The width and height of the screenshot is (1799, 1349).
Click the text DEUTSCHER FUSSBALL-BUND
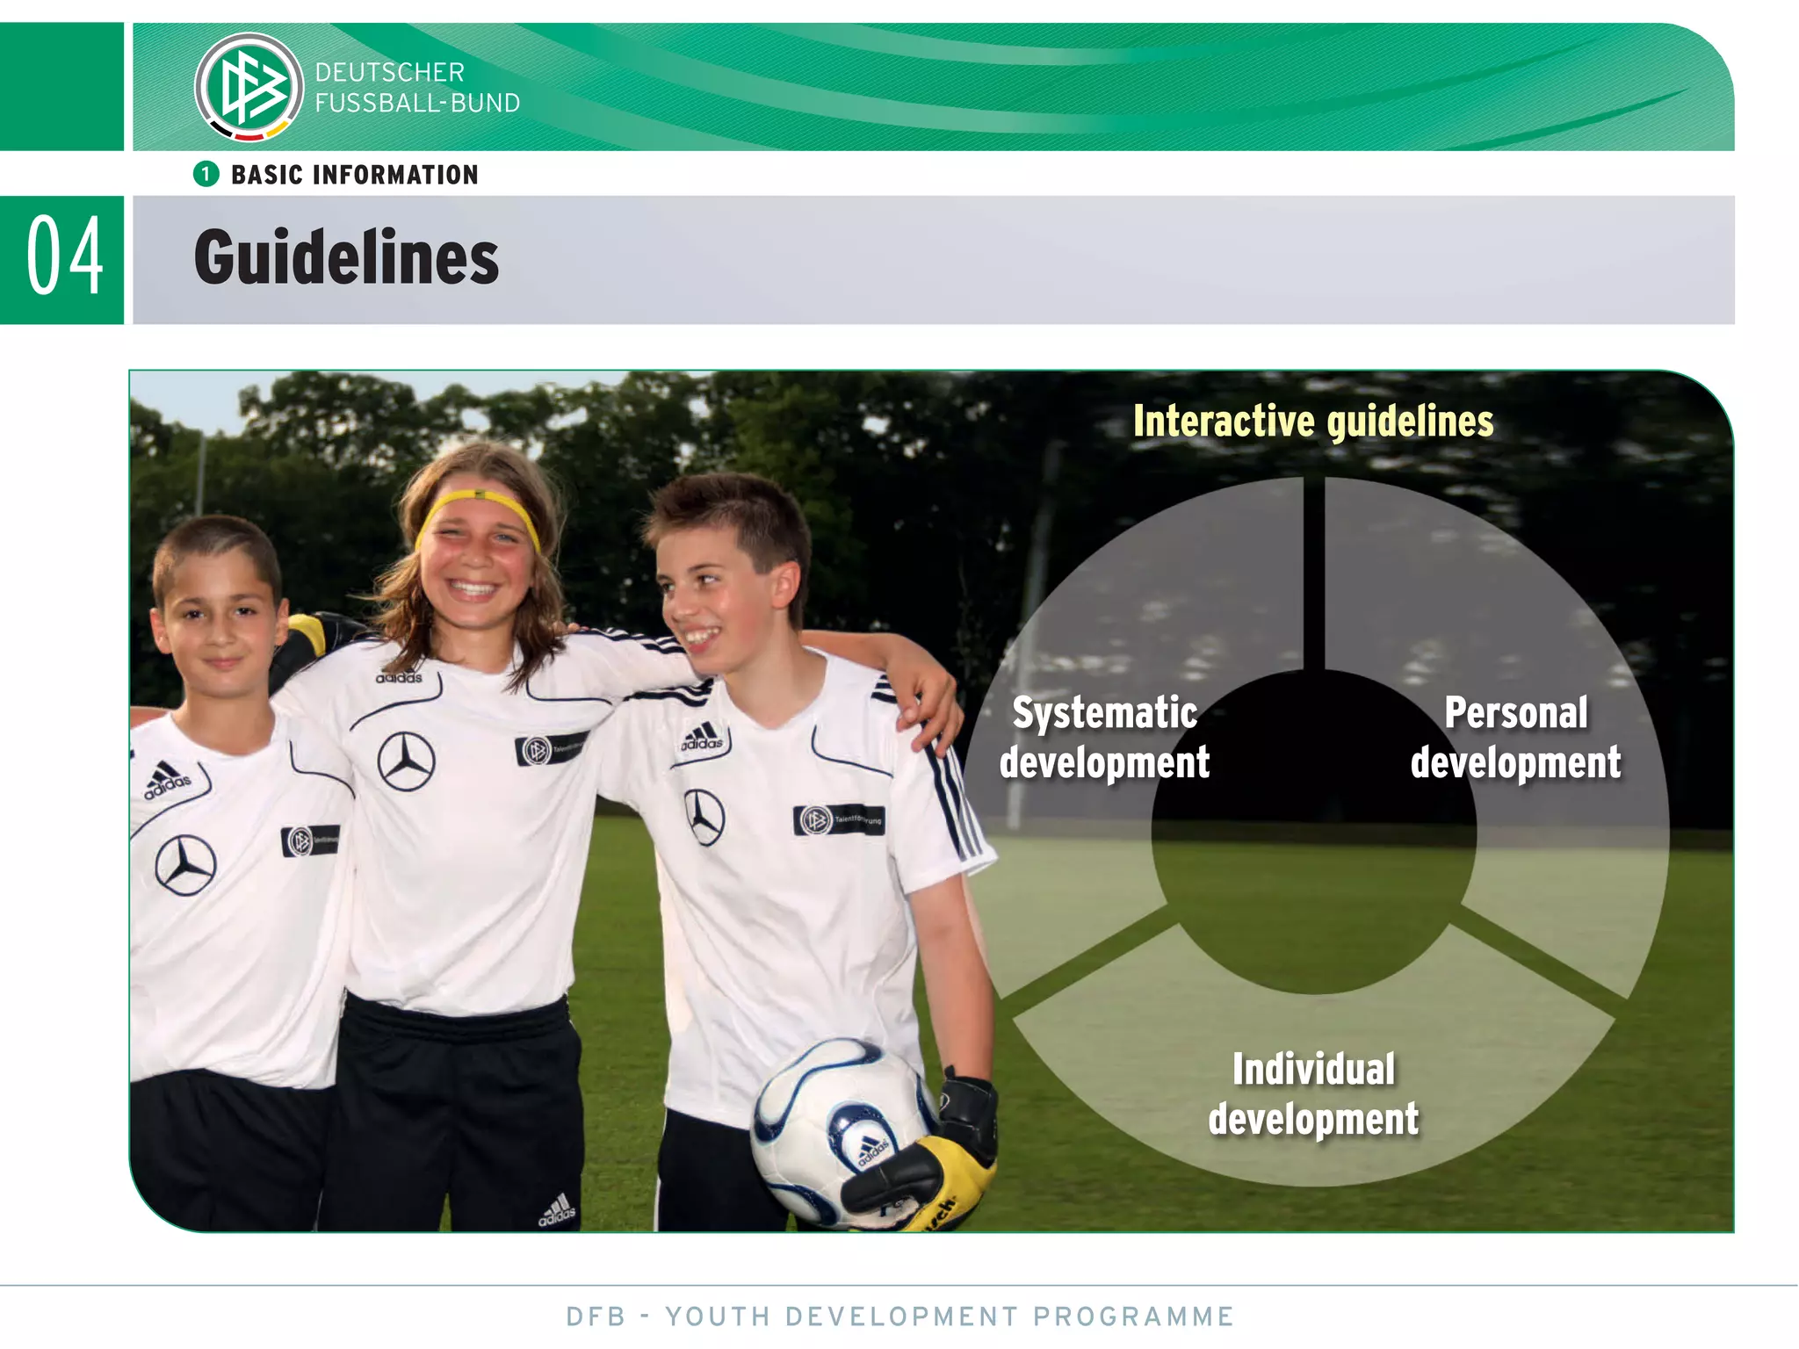417,88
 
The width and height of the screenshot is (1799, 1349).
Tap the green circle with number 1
206,174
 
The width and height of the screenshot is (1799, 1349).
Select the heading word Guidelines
346,257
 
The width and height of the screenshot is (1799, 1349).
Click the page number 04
64,257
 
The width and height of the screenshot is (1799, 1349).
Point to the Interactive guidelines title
1312,422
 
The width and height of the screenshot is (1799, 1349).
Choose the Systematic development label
1104,737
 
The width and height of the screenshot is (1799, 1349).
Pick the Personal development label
1515,737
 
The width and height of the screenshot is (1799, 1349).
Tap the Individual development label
1313,1094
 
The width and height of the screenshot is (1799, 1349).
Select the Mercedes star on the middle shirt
406,761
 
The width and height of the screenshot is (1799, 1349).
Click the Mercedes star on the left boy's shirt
185,865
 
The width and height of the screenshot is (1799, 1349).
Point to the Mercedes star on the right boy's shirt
704,817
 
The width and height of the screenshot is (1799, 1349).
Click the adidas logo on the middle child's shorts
557,1210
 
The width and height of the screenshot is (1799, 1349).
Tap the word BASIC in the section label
266,175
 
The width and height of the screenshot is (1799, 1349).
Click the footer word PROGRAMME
1133,1317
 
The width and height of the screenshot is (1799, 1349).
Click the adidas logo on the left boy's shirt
166,780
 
